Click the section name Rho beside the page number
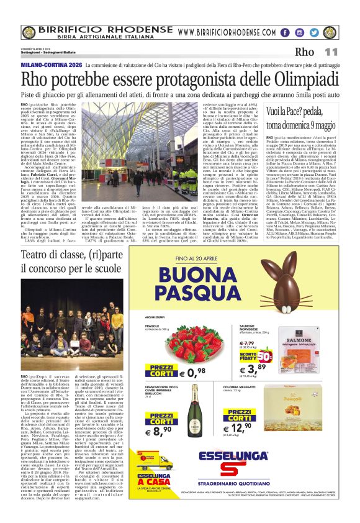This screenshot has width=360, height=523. pos(305,52)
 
